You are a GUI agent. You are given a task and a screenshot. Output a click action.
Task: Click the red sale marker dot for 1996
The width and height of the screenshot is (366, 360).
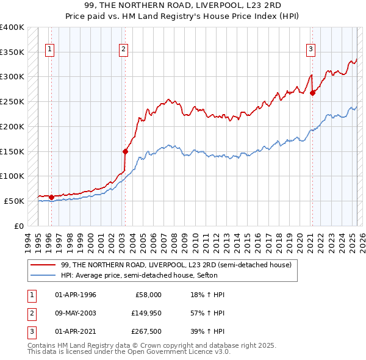click(51, 197)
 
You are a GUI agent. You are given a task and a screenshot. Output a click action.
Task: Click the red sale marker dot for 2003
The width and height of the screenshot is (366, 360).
click(125, 151)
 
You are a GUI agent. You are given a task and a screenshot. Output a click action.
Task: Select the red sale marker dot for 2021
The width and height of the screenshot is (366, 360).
click(312, 93)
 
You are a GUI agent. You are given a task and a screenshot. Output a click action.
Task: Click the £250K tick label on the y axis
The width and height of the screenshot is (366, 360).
click(12, 102)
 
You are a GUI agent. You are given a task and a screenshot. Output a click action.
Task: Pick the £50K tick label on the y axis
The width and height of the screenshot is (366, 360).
click(15, 201)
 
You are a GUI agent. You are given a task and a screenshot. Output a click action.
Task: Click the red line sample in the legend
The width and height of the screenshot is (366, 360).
click(43, 265)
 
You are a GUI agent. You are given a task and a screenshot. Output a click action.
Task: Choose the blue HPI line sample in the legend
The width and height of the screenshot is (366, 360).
click(43, 275)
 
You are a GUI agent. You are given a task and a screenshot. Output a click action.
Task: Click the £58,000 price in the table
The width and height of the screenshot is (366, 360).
click(148, 295)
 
